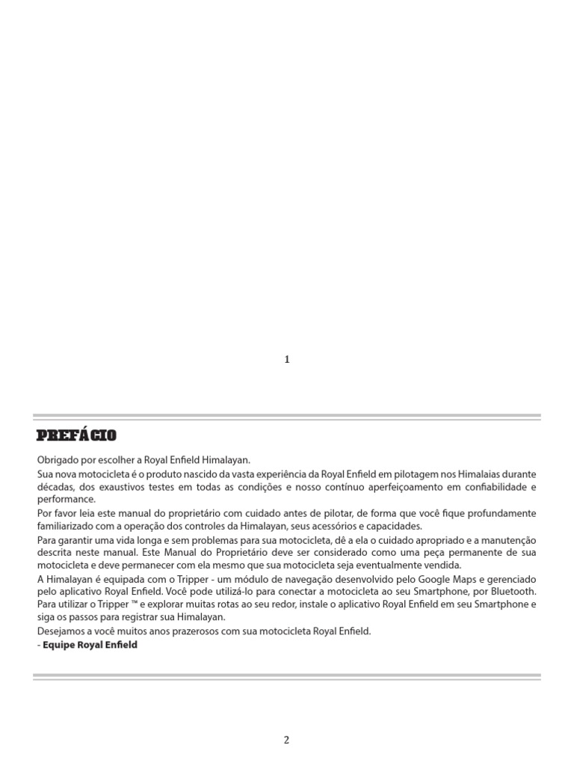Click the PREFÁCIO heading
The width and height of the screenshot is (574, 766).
[x=76, y=435]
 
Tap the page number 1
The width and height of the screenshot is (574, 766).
[x=287, y=359]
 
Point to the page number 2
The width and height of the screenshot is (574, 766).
[x=286, y=740]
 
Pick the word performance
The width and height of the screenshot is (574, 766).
[x=66, y=499]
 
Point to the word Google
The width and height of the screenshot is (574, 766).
[x=438, y=579]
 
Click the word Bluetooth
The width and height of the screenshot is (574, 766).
[x=515, y=591]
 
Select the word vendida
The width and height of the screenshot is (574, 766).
[x=442, y=565]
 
